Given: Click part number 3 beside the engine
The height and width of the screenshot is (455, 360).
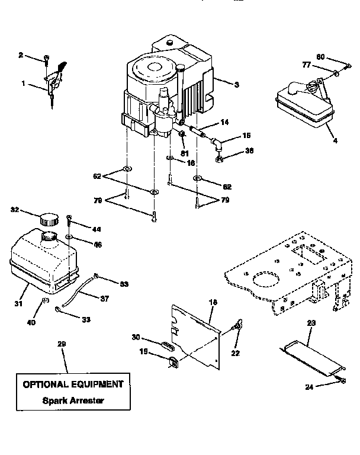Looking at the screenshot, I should coord(236,85).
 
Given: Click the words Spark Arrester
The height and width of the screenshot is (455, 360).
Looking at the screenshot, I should coord(73,400).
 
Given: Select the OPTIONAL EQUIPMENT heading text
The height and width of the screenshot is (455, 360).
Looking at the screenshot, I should coord(73,384).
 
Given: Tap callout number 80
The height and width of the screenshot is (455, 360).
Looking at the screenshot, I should coord(320,57).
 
